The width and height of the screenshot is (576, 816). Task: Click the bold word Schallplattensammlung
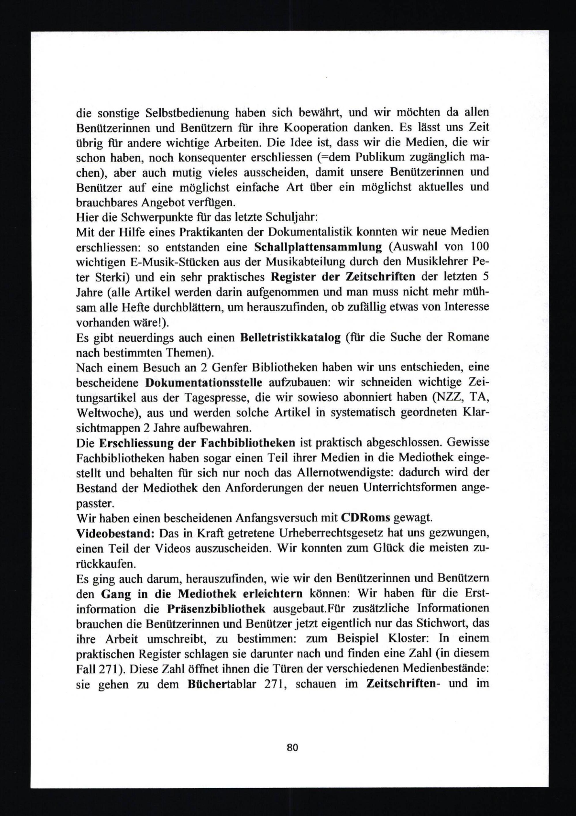point(318,247)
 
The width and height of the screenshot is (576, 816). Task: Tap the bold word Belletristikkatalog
point(290,337)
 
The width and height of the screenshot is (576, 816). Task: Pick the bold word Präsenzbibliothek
point(216,608)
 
